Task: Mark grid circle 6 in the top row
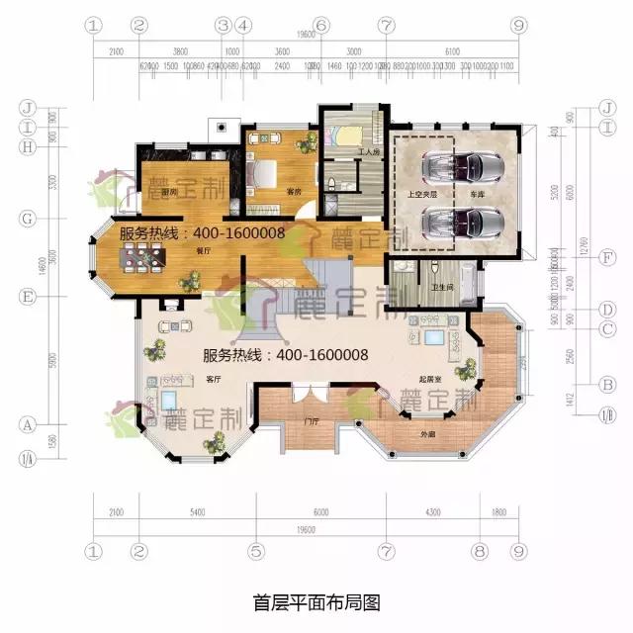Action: [319, 24]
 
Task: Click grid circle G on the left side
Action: [29, 218]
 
